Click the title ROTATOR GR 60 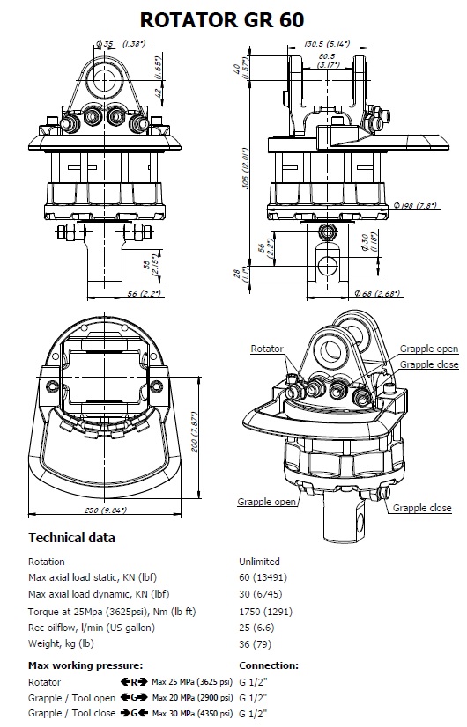(222, 20)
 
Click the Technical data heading (71, 538)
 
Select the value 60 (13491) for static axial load (263, 577)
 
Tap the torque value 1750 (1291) (265, 612)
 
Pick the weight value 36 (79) (255, 643)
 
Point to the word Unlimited (259, 562)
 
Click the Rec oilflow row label (92, 628)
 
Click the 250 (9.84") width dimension (106, 510)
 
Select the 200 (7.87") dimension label (195, 432)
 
